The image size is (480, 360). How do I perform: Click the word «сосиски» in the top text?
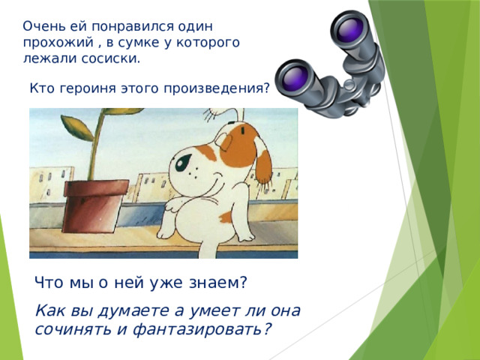click(x=111, y=58)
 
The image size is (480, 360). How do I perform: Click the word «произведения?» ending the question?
click(x=217, y=88)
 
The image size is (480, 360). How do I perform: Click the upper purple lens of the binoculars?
click(x=350, y=30)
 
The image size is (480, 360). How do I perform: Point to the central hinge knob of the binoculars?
click(x=349, y=85)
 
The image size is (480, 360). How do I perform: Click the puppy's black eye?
click(x=183, y=162)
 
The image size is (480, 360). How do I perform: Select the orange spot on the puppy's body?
click(x=226, y=217)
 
